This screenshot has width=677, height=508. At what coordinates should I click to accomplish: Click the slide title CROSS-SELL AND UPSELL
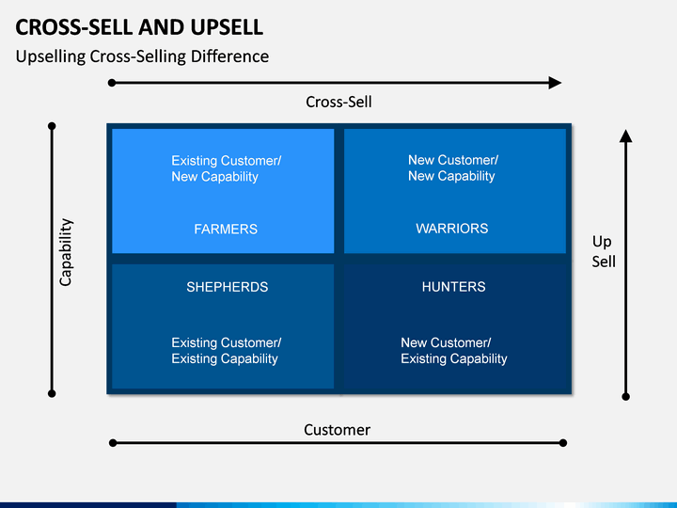tap(139, 27)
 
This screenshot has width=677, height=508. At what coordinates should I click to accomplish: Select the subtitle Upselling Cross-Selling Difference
tap(142, 56)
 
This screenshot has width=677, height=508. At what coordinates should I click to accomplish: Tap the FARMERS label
tap(226, 229)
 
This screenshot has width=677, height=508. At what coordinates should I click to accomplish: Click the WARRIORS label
tap(452, 229)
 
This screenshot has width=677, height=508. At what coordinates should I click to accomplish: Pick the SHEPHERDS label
tap(228, 287)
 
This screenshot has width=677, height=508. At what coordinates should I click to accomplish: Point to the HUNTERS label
tap(454, 287)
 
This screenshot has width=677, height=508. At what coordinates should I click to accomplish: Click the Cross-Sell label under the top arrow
tap(338, 102)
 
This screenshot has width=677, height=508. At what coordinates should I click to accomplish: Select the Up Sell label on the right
tap(604, 251)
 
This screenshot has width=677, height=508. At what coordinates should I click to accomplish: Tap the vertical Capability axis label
tap(66, 252)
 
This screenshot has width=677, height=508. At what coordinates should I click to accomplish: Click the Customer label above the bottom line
tap(337, 430)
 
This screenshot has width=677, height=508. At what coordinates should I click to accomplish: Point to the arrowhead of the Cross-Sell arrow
tap(555, 83)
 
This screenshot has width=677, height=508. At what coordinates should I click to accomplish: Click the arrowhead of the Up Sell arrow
tap(625, 135)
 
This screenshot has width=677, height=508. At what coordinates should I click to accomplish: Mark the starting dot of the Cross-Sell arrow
tap(112, 83)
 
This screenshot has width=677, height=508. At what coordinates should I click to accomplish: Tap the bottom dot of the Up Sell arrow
tap(625, 397)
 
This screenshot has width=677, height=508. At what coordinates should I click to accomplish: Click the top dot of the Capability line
tap(52, 126)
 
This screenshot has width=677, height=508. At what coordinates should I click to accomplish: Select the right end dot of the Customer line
tap(562, 443)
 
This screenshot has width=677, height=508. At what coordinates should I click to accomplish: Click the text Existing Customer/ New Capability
tap(227, 168)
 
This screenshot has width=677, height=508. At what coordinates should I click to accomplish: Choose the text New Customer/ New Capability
tap(453, 168)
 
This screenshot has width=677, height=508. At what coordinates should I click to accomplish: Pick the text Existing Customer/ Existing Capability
tap(227, 351)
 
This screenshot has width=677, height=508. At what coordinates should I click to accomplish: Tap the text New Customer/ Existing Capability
tap(454, 351)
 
